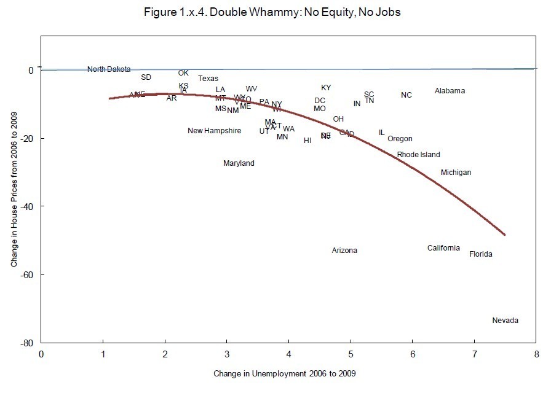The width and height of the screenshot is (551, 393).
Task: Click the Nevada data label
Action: pos(505,321)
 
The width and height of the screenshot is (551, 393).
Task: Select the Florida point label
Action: pos(480,254)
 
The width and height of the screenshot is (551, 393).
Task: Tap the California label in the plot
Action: pos(443,248)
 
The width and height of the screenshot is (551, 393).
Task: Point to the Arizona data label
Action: pos(344,251)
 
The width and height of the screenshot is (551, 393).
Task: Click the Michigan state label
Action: pos(456,173)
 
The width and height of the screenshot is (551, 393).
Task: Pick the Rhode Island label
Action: pos(418,155)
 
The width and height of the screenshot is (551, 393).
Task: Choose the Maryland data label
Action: pos(239,163)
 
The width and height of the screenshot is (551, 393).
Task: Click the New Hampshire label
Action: pos(214,131)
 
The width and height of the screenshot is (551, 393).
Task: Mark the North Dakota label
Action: pos(109,69)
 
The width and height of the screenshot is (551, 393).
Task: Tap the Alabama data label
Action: pos(450,91)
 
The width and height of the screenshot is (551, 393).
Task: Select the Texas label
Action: pos(208,79)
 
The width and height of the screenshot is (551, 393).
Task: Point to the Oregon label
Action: pos(400,139)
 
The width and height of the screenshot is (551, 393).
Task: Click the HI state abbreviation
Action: pos(307,141)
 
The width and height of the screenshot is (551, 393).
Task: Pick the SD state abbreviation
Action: pos(146,77)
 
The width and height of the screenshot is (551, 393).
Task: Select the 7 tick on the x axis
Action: pos(474,354)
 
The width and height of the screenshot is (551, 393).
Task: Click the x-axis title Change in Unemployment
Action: pos(285,373)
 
